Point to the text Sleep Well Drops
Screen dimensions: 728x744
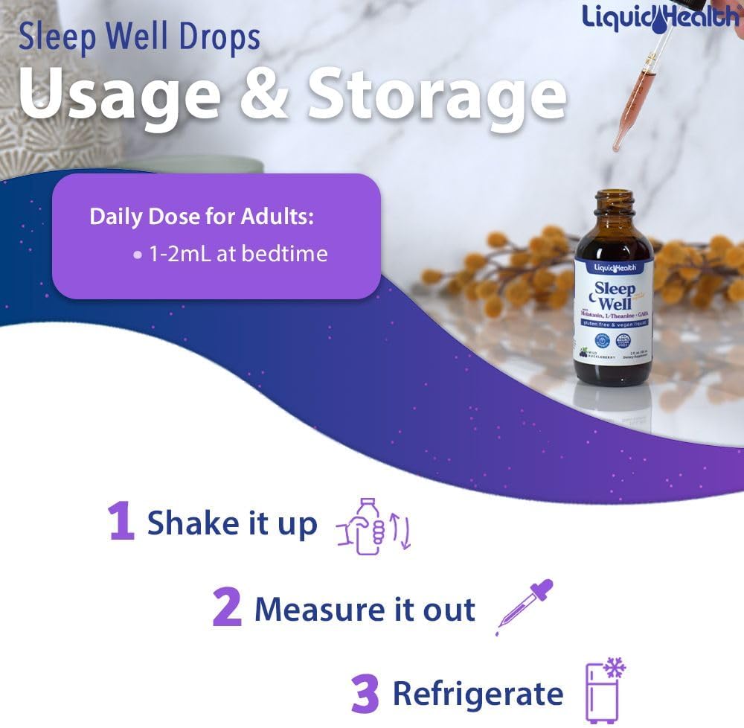[x=139, y=37]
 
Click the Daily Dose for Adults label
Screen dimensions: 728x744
[x=202, y=217]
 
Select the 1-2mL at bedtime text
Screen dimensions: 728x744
[x=238, y=254]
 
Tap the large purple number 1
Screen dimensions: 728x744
[x=121, y=522]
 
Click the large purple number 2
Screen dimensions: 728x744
[x=227, y=608]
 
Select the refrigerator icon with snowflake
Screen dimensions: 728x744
[x=603, y=690]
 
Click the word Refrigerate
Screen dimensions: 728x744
[x=478, y=694]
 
